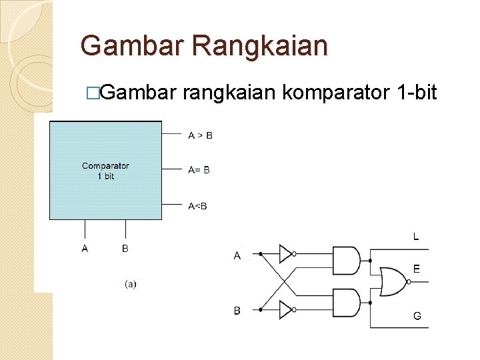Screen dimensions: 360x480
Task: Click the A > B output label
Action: [200, 135]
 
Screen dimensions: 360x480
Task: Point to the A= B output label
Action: [199, 170]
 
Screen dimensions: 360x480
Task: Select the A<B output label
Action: [197, 206]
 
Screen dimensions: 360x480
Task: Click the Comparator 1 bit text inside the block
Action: [105, 171]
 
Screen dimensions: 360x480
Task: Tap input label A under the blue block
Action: [85, 249]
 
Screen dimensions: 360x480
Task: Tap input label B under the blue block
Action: [125, 249]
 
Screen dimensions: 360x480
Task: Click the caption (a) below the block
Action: [131, 284]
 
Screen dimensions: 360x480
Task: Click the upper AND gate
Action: [345, 261]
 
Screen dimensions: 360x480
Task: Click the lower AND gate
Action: [345, 302]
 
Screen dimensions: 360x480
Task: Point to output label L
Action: [417, 236]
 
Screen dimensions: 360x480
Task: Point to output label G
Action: [417, 316]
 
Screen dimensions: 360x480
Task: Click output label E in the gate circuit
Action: [417, 269]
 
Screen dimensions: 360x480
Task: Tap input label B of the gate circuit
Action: [237, 311]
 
